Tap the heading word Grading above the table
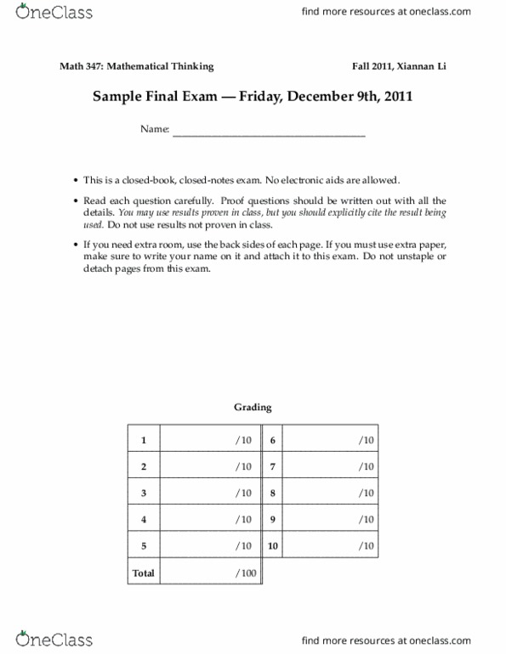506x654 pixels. point(253,407)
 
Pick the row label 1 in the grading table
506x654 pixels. point(144,440)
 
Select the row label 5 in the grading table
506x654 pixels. point(144,545)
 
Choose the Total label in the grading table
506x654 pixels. point(144,573)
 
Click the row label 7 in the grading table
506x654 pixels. point(274,466)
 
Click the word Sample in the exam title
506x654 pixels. point(116,96)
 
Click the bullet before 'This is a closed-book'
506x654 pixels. point(76,181)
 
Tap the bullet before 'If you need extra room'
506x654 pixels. point(76,245)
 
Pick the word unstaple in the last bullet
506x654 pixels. point(407,257)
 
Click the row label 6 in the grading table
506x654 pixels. point(274,440)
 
